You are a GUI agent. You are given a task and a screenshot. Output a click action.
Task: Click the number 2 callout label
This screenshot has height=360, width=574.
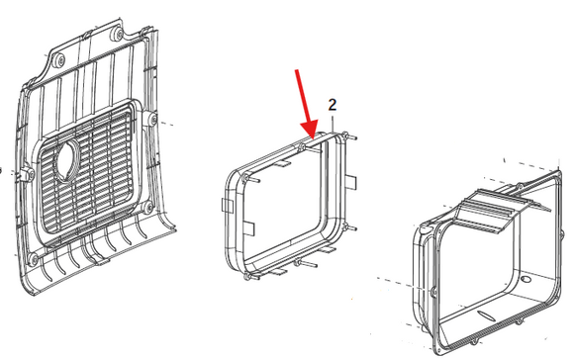[332, 105]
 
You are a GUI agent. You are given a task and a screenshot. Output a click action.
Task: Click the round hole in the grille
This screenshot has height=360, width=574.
[66, 160]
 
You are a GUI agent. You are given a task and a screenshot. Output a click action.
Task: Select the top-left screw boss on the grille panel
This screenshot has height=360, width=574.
[59, 60]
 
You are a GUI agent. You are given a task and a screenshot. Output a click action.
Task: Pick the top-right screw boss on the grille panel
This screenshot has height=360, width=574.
[117, 35]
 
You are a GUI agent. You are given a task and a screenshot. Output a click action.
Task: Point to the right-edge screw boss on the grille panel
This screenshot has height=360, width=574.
[152, 119]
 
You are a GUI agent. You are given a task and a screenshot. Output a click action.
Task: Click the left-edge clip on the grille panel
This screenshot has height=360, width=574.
[25, 173]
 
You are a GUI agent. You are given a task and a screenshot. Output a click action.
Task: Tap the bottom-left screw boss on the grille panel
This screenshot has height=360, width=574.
[34, 259]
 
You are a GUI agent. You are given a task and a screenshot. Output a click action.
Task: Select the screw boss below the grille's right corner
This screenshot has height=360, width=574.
[147, 207]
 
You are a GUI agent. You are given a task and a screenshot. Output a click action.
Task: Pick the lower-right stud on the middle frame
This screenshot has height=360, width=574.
[348, 227]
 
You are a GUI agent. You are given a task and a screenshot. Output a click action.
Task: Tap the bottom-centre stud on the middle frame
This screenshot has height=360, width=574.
[305, 264]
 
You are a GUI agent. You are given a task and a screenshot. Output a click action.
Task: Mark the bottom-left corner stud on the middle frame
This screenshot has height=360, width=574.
[250, 277]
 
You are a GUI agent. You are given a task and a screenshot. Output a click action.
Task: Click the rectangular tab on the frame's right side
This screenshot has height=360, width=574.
[350, 182]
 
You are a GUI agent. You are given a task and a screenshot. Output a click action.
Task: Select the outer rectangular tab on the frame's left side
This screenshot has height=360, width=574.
[227, 206]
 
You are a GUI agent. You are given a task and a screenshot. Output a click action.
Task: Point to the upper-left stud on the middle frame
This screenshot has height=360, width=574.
[250, 179]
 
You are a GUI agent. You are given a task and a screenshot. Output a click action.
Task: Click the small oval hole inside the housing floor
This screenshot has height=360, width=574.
[526, 280]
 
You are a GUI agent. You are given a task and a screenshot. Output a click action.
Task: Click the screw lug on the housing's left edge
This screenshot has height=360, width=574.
[433, 292]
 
